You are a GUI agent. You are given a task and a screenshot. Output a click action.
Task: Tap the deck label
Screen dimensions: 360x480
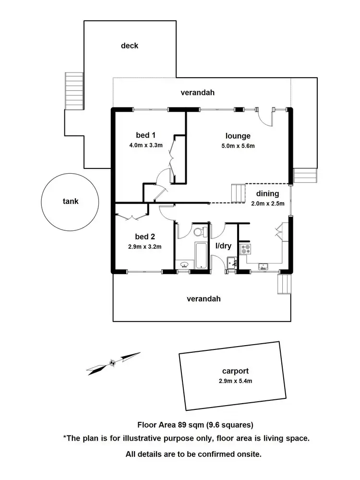pyautogui.click(x=130, y=46)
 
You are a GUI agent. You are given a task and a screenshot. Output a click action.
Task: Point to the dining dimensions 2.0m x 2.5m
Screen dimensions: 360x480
pyautogui.click(x=267, y=203)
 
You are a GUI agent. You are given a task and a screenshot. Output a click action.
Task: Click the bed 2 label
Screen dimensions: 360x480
pyautogui.click(x=144, y=237)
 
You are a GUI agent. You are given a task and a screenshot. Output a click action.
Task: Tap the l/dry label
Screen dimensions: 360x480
pyautogui.click(x=223, y=246)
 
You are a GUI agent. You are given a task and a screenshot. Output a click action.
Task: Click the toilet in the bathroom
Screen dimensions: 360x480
pyautogui.click(x=198, y=232)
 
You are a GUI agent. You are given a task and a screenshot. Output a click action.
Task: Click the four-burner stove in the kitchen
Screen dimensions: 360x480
pyautogui.click(x=246, y=249)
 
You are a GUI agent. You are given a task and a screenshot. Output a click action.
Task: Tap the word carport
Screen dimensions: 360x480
pyautogui.click(x=235, y=371)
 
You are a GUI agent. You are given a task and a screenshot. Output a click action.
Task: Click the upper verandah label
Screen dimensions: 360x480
pyautogui.click(x=197, y=92)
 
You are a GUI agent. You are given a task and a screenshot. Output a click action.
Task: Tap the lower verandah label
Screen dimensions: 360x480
pyautogui.click(x=204, y=299)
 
